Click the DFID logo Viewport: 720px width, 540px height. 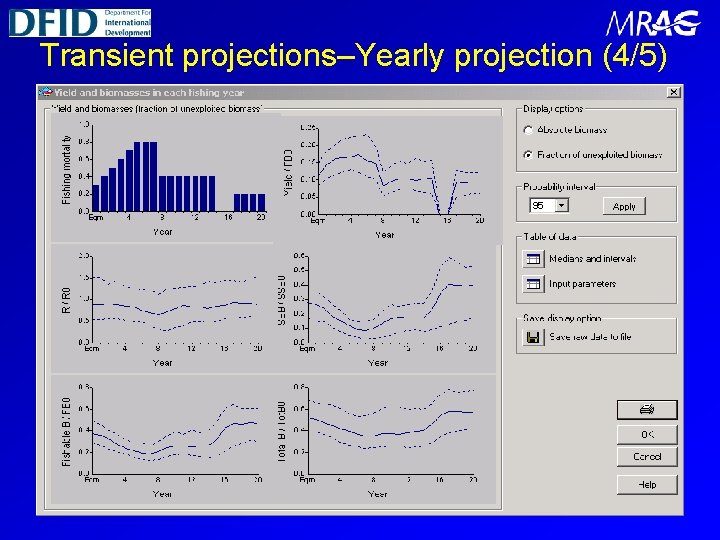point(80,21)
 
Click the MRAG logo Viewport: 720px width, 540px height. point(652,24)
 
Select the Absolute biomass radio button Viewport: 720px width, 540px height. point(528,130)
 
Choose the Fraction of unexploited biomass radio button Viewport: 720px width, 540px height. point(528,155)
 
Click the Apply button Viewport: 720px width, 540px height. point(624,206)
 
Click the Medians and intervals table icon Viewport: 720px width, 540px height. point(533,259)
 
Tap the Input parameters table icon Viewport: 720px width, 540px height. point(533,284)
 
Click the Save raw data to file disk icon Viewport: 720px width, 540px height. point(533,337)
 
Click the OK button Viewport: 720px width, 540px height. point(647,435)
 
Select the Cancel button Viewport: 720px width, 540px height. point(647,457)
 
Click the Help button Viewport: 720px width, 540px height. point(647,484)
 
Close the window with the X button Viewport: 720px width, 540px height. point(673,92)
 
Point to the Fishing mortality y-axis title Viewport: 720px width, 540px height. point(67,170)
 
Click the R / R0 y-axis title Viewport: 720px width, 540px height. point(67,295)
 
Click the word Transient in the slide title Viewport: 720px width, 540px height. point(105,56)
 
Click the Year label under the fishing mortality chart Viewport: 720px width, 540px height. point(162,231)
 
